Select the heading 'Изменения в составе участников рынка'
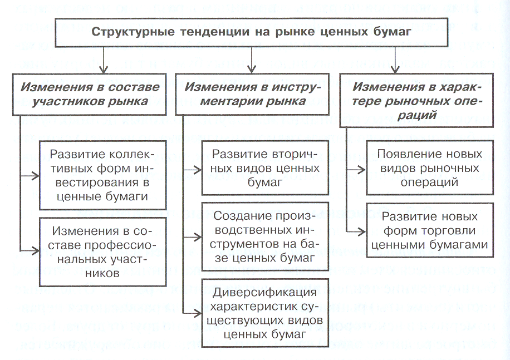pos(90,94)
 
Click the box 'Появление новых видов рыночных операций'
pos(429,168)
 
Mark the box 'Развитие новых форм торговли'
pos(429,230)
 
